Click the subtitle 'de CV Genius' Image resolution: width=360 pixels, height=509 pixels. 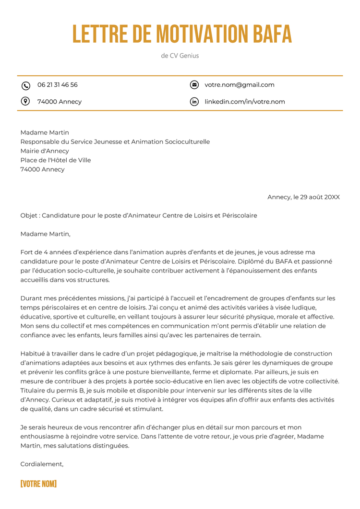[x=180, y=56]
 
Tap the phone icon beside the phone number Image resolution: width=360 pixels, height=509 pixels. [x=26, y=85]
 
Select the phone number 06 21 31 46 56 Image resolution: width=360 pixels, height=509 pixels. [x=58, y=85]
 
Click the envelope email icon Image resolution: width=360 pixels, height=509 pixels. [x=194, y=85]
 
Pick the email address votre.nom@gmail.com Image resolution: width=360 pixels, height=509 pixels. [x=240, y=85]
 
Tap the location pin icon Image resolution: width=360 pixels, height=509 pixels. [x=26, y=101]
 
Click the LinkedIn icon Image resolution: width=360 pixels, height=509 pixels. [x=194, y=102]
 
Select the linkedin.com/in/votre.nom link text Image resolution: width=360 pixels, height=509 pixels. [x=245, y=102]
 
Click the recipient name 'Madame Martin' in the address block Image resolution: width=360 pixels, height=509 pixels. [x=45, y=132]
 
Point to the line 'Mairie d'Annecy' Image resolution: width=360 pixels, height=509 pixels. [x=45, y=151]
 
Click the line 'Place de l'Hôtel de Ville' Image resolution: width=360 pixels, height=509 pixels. [x=56, y=160]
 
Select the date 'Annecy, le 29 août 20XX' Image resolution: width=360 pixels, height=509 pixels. [x=303, y=197]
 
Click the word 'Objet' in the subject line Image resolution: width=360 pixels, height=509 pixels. [x=28, y=216]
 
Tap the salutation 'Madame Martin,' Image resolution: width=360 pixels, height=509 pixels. [x=46, y=234]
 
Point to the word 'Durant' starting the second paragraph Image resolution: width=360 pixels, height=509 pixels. [x=31, y=298]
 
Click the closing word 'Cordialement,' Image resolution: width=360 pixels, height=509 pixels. [x=42, y=464]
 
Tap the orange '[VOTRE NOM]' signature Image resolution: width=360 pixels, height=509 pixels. [x=38, y=484]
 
